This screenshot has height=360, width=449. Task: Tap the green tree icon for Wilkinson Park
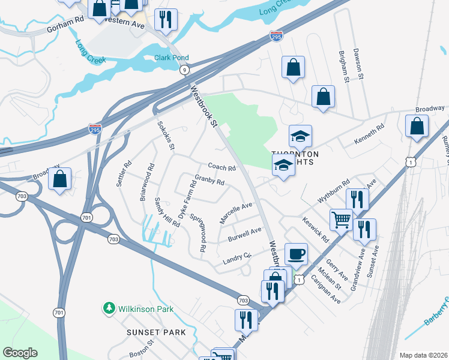(109, 308)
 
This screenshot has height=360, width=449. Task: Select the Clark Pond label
(172, 58)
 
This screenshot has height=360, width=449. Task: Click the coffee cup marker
(295, 254)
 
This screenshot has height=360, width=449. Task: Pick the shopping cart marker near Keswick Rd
(341, 220)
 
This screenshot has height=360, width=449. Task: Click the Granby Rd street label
(209, 180)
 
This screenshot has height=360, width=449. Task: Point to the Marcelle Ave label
(235, 213)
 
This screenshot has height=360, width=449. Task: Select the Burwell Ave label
(244, 235)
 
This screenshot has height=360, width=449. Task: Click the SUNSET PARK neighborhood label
(156, 332)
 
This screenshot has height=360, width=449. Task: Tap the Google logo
(20, 353)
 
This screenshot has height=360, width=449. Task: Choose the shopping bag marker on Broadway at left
(60, 179)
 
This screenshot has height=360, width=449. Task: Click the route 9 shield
(184, 70)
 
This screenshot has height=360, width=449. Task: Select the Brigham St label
(343, 67)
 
